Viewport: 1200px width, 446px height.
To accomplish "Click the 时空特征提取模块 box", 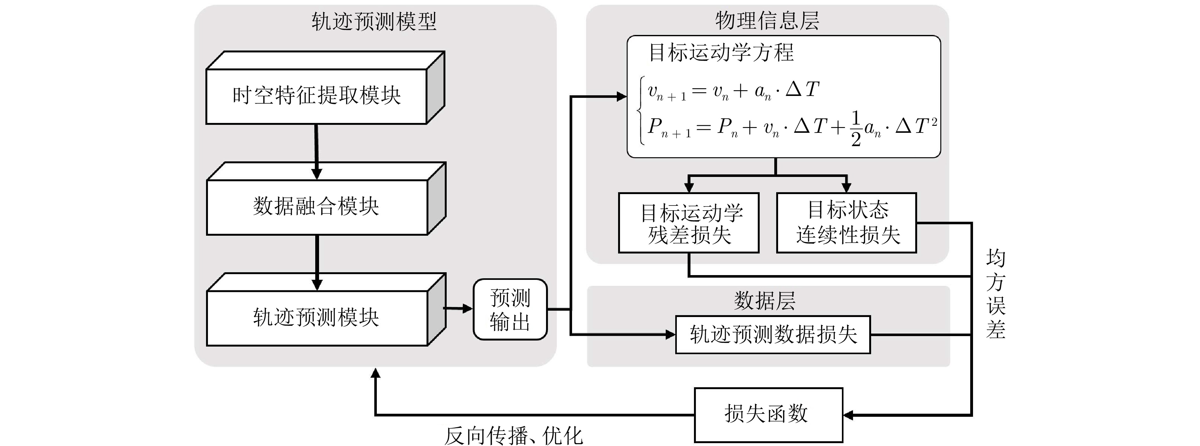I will click(x=317, y=96).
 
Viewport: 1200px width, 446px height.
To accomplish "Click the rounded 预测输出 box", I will click(x=510, y=309).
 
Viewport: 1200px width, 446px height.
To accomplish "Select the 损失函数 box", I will click(x=768, y=414).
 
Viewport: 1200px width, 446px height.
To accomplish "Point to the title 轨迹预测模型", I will click(x=374, y=21).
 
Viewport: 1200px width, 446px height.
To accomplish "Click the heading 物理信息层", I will click(x=767, y=21).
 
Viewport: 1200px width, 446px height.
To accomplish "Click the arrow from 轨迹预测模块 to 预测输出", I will click(x=459, y=308).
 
